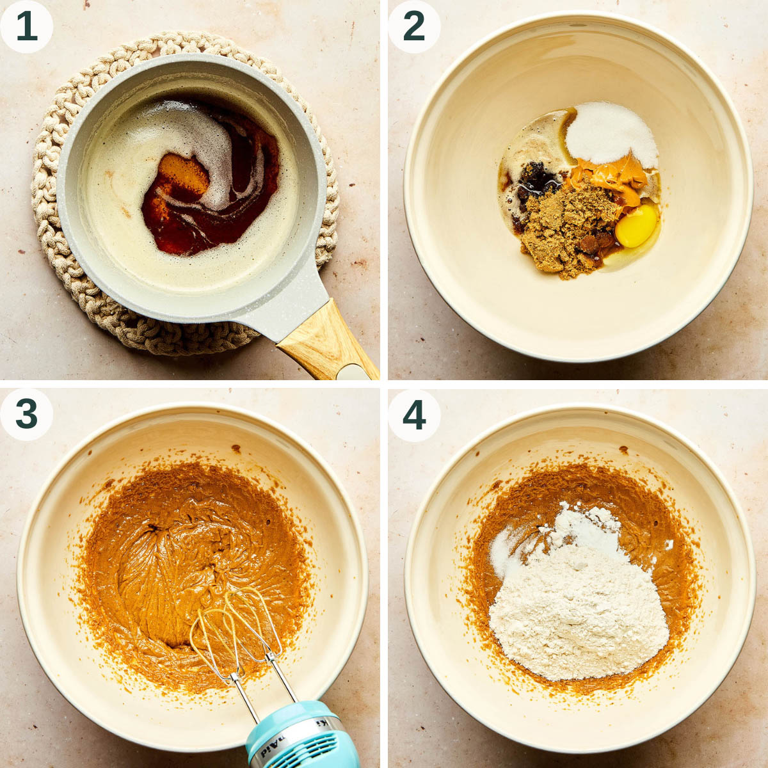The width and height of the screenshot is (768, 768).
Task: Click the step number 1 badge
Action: pyautogui.click(x=26, y=26)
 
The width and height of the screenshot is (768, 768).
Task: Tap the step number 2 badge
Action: pyautogui.click(x=414, y=26)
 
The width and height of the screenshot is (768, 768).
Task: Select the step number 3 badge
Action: pyautogui.click(x=26, y=414)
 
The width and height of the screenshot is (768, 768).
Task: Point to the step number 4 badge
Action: pyautogui.click(x=414, y=414)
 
